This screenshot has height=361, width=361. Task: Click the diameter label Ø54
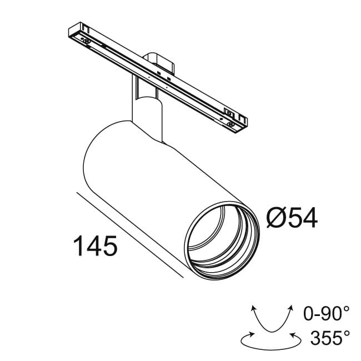point(292,218)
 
